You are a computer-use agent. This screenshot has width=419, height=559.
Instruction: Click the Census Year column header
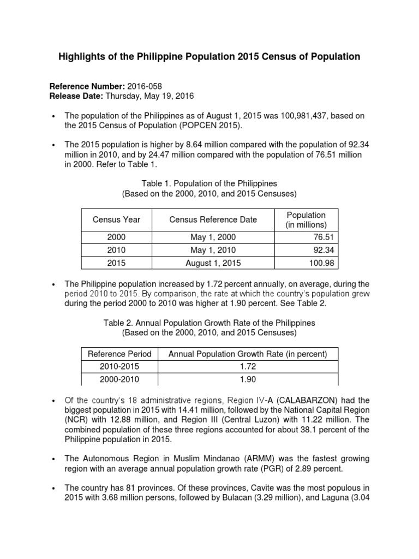[x=117, y=219]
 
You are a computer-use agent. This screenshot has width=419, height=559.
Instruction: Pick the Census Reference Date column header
[x=213, y=219]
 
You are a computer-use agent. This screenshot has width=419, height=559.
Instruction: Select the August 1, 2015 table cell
[x=213, y=263]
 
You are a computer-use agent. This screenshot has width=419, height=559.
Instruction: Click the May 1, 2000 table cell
[x=213, y=237]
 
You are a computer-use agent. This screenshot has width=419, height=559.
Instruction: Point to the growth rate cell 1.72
[x=247, y=367]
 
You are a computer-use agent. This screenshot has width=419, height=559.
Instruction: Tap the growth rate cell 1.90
[x=247, y=380]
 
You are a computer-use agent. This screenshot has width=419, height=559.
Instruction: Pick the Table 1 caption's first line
[x=209, y=184]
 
